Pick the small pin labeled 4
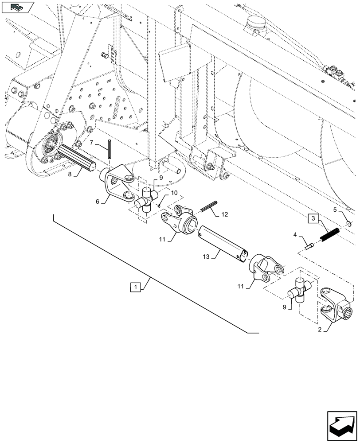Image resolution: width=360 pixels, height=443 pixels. pyautogui.click(x=309, y=245)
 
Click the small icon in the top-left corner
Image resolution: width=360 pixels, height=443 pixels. pyautogui.click(x=17, y=7)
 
